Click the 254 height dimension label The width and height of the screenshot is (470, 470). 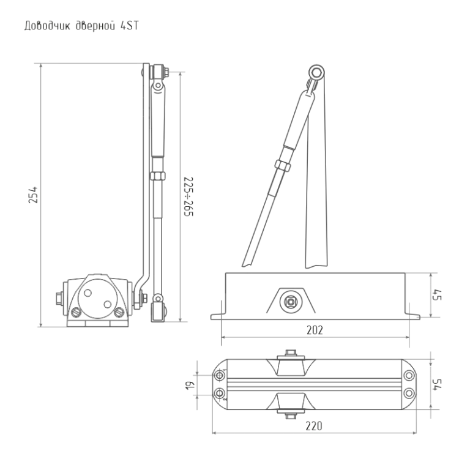click(x=33, y=195)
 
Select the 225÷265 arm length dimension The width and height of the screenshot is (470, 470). click(x=188, y=196)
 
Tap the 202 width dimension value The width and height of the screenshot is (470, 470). click(x=315, y=330)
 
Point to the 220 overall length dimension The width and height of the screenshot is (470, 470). click(x=314, y=426)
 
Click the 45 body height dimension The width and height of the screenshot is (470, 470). click(x=437, y=295)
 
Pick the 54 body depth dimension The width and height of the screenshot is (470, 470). click(x=437, y=384)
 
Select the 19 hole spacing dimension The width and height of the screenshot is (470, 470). click(x=190, y=385)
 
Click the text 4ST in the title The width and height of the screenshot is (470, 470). click(x=130, y=26)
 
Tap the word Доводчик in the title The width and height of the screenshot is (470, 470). click(x=47, y=26)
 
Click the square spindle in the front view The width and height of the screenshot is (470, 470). click(x=291, y=302)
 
